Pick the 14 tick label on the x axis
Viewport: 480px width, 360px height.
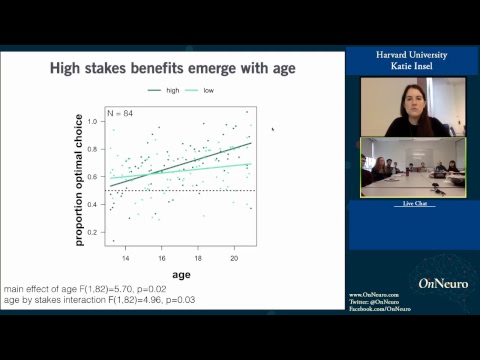point(125,257)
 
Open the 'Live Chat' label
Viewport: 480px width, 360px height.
point(413,203)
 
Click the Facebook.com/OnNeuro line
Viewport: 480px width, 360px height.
point(380,309)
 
